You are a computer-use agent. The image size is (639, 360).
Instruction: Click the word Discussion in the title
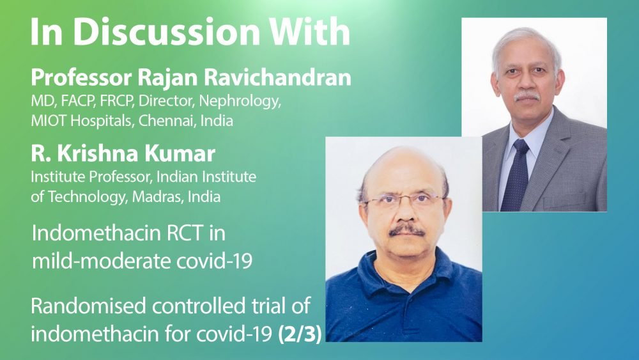pos(166,32)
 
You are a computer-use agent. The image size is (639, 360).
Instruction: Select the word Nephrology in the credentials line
pos(240,101)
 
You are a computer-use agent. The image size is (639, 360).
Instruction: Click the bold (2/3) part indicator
pos(300,334)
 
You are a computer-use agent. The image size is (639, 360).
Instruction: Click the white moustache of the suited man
pos(527,97)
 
